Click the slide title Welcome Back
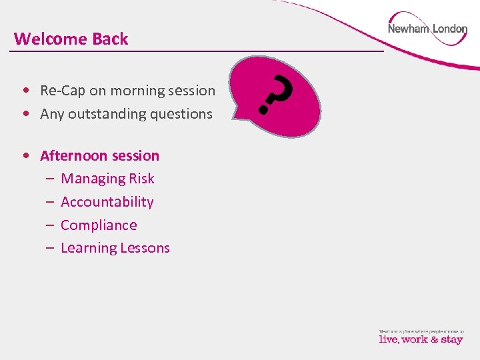[71, 39]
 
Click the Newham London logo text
[427, 29]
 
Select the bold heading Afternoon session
[100, 156]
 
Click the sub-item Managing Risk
[107, 179]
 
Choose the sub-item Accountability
[107, 202]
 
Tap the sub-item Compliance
[99, 225]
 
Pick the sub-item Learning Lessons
[115, 248]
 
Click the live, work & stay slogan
[421, 339]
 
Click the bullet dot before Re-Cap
[25, 91]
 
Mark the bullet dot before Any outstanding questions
[25, 114]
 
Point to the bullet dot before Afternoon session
[25, 156]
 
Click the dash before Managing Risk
[50, 179]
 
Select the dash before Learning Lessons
[50, 248]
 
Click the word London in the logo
[450, 29]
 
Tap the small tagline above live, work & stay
[421, 330]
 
